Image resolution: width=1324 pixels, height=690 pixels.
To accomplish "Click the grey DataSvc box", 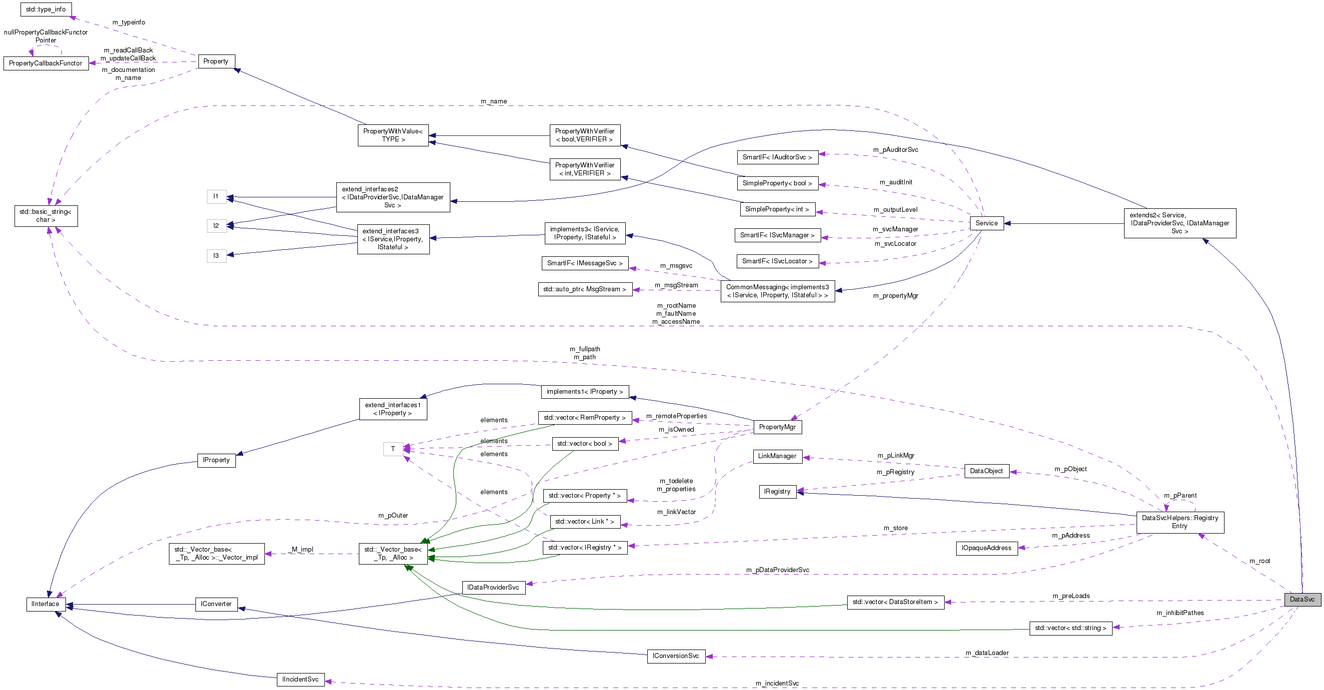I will click(1302, 599).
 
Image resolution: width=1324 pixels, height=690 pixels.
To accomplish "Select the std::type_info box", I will click(46, 9).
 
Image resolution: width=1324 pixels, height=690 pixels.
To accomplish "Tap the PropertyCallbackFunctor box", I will click(46, 63).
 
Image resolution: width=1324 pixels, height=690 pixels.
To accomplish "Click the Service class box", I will click(986, 223).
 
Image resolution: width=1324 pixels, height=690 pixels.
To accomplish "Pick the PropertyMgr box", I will click(777, 427).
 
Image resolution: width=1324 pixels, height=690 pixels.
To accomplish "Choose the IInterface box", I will click(45, 604).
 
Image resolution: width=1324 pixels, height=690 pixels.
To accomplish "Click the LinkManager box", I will click(777, 456).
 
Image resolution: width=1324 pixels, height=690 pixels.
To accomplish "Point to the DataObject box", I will click(986, 471).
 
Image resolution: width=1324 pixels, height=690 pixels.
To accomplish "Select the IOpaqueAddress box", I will click(986, 548).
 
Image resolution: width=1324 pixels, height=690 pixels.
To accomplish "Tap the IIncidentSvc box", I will click(300, 679).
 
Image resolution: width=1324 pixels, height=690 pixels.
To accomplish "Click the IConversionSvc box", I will click(675, 656).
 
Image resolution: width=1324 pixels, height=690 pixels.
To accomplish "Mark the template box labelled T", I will click(393, 449).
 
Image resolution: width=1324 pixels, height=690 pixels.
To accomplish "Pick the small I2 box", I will click(216, 225).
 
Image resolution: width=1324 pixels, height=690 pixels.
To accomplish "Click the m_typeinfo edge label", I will click(128, 22).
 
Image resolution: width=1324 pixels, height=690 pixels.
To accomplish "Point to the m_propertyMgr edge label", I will click(895, 295).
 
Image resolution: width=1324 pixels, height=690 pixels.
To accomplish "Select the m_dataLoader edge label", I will click(986, 653).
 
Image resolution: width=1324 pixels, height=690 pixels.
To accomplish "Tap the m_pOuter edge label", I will click(393, 515).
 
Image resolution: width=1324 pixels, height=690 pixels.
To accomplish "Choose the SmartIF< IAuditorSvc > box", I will click(777, 157).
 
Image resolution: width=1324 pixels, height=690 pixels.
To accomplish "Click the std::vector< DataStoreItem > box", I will click(895, 602).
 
